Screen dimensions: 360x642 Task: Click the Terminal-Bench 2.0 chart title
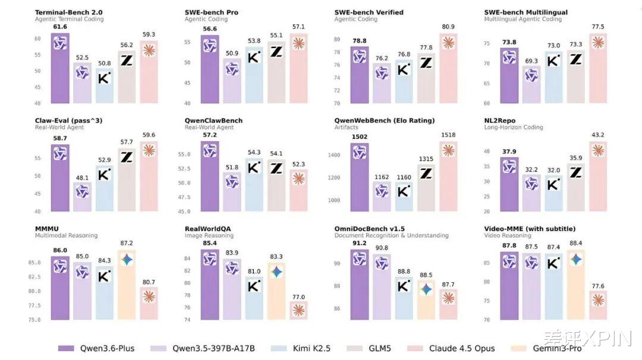(68, 12)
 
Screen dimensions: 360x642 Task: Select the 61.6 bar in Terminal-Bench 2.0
(60, 68)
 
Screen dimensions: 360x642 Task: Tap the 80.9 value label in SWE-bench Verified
(448, 27)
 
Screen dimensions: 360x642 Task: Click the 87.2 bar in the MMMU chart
(127, 285)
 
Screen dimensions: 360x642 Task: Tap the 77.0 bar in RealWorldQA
(298, 310)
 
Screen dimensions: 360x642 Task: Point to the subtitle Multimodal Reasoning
(66, 235)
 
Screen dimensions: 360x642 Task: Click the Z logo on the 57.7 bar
(127, 157)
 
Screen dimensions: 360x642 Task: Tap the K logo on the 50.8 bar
(105, 78)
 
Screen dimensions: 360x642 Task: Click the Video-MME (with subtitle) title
(530, 229)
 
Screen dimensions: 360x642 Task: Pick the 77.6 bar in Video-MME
(598, 305)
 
